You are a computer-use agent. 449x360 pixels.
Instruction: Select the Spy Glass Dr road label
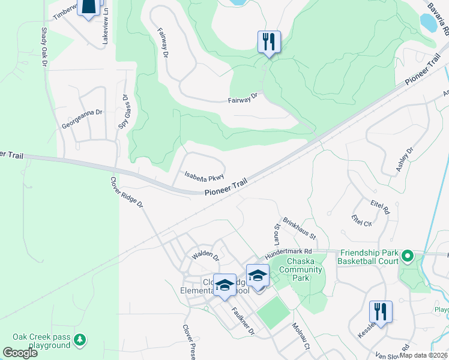pyautogui.click(x=124, y=112)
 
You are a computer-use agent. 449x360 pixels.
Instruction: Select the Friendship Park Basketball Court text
pyautogui.click(x=367, y=257)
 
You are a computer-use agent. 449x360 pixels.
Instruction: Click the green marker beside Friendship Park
pyautogui.click(x=408, y=257)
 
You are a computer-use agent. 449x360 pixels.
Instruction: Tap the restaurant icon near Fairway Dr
pyautogui.click(x=268, y=42)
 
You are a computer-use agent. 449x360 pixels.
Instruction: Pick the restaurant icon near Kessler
pyautogui.click(x=380, y=312)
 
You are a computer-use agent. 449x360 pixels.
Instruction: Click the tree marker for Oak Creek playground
pyautogui.click(x=80, y=341)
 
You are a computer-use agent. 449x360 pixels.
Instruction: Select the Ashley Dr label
pyautogui.click(x=405, y=160)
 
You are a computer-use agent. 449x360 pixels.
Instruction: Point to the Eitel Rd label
pyautogui.click(x=381, y=208)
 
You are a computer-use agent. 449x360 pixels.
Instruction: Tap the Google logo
pyautogui.click(x=19, y=353)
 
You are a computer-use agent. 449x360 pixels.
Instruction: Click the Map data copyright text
pyautogui.click(x=423, y=355)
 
